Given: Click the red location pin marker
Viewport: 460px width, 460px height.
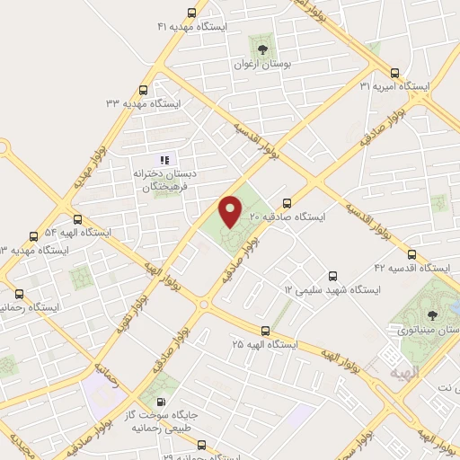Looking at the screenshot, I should [231, 210].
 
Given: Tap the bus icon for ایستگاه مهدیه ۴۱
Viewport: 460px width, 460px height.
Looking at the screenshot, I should [191, 13].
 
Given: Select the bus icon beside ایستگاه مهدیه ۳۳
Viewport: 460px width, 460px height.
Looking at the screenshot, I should [144, 90].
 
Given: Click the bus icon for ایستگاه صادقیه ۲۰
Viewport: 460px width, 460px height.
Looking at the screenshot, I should [287, 203].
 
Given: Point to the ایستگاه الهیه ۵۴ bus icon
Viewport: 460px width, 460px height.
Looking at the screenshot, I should [77, 218].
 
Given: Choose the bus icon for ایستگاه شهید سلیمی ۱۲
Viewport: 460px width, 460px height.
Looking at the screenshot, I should [333, 276].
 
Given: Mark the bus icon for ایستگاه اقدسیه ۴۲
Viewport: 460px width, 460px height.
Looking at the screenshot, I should [411, 254].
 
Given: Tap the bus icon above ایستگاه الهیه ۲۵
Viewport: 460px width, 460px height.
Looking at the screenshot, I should [264, 331].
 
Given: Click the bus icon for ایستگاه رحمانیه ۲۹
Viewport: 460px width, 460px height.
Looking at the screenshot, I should [200, 443].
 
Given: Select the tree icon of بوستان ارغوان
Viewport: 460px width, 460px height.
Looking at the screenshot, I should [262, 49].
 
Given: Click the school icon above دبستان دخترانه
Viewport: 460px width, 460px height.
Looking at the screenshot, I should [164, 159].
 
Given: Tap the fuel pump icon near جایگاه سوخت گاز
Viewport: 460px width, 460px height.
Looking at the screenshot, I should [161, 402].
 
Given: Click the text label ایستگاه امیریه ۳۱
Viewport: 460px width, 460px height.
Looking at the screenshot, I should [394, 86].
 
